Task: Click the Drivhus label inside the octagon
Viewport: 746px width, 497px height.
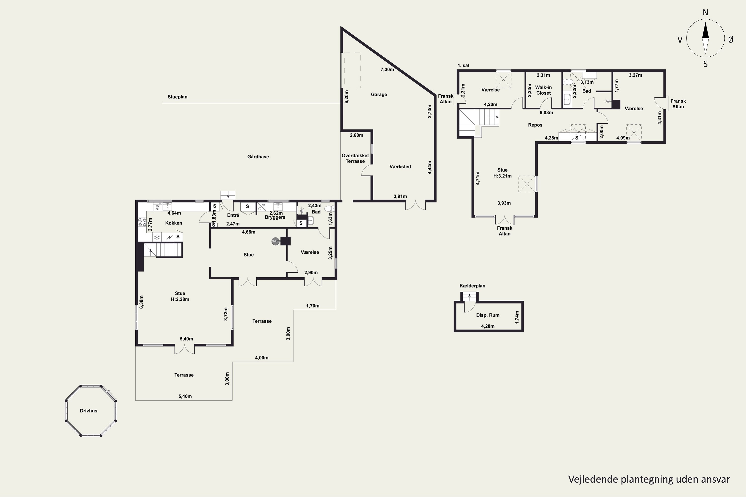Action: point(89,411)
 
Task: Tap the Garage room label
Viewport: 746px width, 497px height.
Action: point(379,94)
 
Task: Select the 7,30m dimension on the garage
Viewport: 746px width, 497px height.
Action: point(387,69)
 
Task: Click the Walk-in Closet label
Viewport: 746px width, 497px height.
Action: point(543,90)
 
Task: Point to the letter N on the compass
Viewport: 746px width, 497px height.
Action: point(705,12)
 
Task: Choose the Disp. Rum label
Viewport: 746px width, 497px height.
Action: point(488,315)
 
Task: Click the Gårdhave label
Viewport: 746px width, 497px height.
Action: point(258,157)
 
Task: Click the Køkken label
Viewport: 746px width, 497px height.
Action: point(174,223)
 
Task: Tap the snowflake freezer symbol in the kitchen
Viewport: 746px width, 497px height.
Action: point(157,237)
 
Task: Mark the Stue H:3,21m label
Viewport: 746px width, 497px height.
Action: point(502,173)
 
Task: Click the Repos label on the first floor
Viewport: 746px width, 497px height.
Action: point(535,125)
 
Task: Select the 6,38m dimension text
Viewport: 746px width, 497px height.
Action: point(141,302)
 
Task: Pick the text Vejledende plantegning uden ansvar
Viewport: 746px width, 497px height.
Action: point(649,479)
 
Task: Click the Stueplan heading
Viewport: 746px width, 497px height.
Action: point(177,97)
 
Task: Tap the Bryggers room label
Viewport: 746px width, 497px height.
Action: point(275,217)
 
